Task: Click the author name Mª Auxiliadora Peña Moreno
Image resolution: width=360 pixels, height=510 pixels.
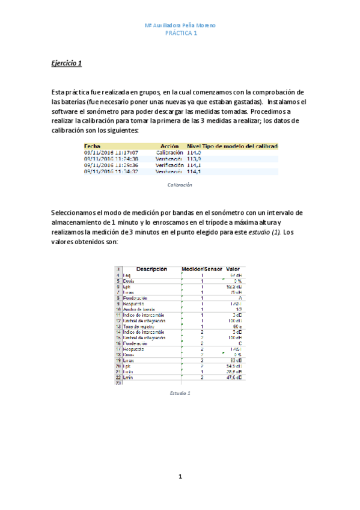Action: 180,25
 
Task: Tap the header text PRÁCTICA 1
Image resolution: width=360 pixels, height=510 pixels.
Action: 180,33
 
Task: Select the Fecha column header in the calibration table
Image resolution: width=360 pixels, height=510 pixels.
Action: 93,146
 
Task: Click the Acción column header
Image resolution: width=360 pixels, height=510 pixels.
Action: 170,146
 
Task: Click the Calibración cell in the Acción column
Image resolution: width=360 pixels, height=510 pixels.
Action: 169,153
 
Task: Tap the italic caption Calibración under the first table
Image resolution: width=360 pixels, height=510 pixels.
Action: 180,185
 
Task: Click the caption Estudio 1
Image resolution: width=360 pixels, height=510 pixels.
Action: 180,393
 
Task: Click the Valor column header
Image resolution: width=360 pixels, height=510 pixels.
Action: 233,269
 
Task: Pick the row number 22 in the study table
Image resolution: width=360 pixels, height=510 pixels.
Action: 118,376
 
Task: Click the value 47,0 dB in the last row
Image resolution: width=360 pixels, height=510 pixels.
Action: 234,376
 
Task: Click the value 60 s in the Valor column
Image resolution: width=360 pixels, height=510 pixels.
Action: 236,326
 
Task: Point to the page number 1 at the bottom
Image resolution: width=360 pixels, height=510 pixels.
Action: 180,477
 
